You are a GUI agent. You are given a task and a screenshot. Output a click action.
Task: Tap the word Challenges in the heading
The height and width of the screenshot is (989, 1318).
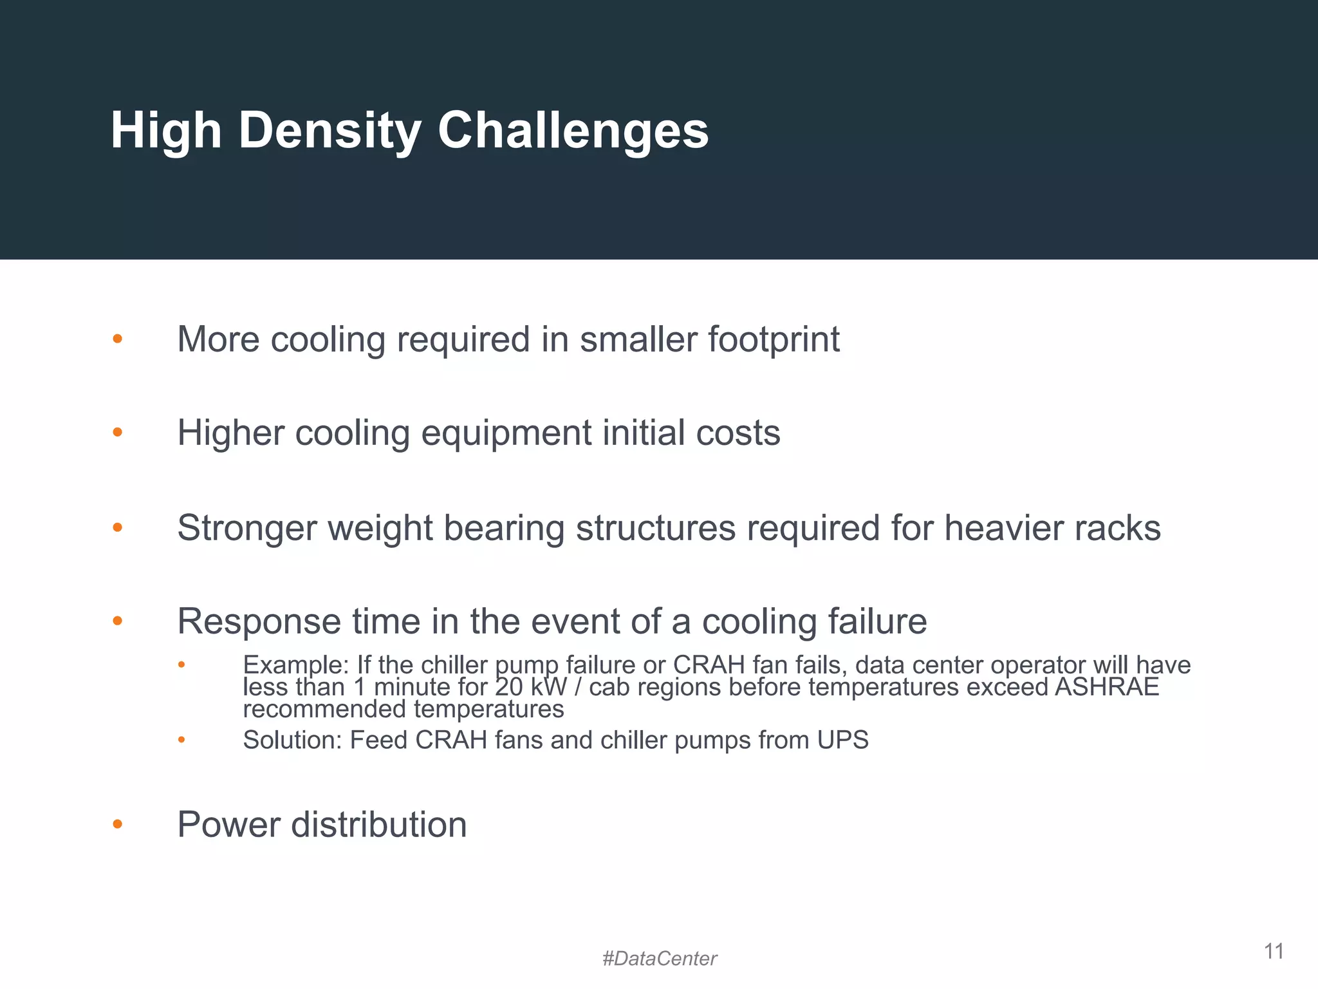click(x=573, y=131)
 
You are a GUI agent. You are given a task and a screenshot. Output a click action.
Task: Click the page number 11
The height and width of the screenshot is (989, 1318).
click(x=1274, y=951)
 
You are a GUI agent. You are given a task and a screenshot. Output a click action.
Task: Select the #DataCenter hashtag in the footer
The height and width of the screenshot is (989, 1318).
click(x=659, y=959)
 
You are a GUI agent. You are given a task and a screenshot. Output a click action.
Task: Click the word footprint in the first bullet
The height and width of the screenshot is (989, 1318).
click(x=774, y=339)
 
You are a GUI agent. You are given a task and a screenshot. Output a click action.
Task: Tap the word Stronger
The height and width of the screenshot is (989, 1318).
click(x=246, y=528)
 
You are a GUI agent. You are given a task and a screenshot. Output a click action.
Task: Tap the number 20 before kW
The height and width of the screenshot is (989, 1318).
click(x=508, y=687)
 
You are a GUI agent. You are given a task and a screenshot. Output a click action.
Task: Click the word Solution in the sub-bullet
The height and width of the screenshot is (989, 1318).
click(x=292, y=740)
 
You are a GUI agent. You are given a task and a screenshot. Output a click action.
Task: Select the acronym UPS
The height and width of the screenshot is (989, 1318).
click(x=843, y=740)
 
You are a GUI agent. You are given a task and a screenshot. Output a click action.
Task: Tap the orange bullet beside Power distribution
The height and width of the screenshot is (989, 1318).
click(x=117, y=824)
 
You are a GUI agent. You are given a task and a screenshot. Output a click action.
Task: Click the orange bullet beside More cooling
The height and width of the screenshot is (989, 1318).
click(x=117, y=339)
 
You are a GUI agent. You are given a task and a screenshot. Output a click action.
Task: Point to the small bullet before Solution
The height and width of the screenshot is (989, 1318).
click(x=181, y=740)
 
